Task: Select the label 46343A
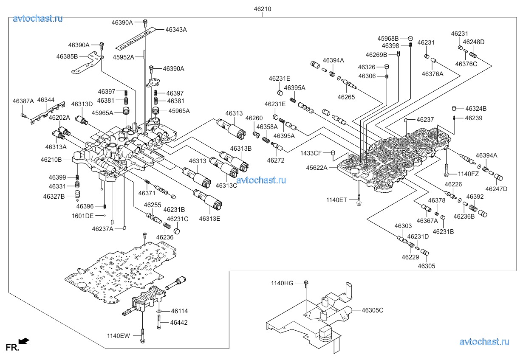(x=176, y=30)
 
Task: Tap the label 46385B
(x=67, y=56)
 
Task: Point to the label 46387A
(x=23, y=101)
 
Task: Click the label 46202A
(x=59, y=117)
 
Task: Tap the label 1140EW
(x=119, y=336)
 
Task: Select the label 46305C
(x=372, y=310)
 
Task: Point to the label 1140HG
(x=283, y=283)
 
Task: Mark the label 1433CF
(x=311, y=153)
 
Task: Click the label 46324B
(x=476, y=109)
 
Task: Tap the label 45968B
(x=388, y=38)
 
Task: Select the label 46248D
(x=473, y=42)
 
